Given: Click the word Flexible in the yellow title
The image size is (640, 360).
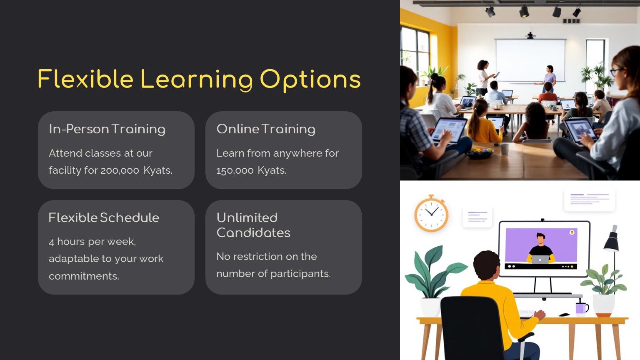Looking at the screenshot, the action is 85,79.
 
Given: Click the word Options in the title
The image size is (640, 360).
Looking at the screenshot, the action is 310,80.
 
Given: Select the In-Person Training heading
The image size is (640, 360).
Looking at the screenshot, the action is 107,129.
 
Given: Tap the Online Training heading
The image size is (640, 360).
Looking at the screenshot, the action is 266,129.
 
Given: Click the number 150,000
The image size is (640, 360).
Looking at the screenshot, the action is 235,170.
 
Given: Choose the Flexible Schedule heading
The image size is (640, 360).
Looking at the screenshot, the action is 104,218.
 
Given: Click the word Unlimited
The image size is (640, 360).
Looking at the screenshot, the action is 247,218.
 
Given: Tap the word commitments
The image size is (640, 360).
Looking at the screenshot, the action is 84,276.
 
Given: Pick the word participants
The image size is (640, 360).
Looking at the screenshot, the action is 300,274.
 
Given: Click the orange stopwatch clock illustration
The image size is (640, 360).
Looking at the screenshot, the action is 431,213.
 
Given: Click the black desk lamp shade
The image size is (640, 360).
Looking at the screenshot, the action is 612,240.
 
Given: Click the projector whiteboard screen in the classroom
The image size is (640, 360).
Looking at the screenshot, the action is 530,60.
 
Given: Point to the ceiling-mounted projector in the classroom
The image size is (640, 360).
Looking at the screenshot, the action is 530,35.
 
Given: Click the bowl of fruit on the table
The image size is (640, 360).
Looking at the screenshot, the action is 480,153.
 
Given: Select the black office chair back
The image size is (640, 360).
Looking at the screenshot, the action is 471,329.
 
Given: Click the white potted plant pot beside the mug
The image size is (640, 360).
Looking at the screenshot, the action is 603,305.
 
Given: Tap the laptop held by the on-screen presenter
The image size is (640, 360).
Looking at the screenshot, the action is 540,260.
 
